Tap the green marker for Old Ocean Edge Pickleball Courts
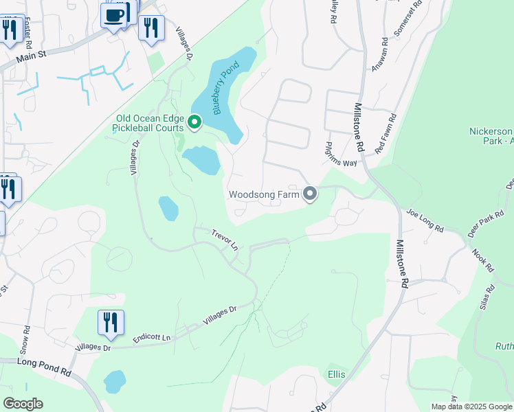point(194,123)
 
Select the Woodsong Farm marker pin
point(310,194)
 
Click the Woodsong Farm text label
point(265,194)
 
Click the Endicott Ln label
point(151,337)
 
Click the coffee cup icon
point(114,14)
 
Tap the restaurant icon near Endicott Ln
point(111,321)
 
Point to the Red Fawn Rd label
point(385,135)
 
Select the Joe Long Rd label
point(425,220)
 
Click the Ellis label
point(337,375)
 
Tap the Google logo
point(23,404)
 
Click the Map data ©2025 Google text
point(471,407)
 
